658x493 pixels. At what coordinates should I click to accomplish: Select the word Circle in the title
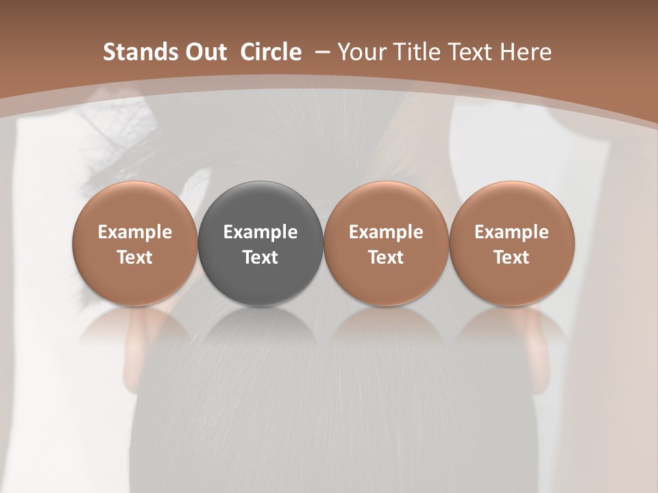click(x=271, y=52)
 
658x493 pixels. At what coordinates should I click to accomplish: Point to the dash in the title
click(x=321, y=52)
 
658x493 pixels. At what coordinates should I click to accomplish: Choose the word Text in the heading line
click(x=470, y=52)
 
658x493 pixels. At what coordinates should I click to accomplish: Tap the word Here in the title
click(x=525, y=52)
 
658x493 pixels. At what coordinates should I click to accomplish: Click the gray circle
click(x=260, y=243)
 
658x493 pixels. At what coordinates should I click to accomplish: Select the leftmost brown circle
click(x=135, y=243)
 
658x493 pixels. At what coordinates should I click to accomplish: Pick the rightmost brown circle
click(x=511, y=243)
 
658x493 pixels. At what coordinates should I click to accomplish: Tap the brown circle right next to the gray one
click(x=386, y=243)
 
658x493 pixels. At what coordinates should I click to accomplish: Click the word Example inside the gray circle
click(x=260, y=232)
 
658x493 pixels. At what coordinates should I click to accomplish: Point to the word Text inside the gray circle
click(x=260, y=257)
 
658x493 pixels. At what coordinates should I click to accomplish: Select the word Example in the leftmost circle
click(x=135, y=232)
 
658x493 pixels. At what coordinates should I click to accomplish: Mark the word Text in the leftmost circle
click(x=135, y=257)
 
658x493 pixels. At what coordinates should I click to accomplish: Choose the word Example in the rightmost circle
click(x=511, y=232)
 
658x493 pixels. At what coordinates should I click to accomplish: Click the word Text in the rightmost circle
click(x=511, y=257)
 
